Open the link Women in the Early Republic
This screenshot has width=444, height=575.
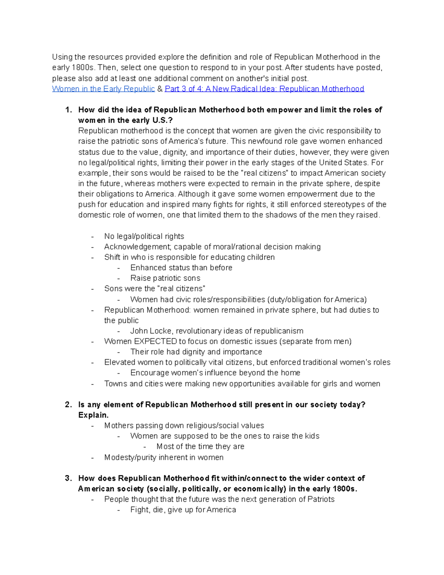[x=103, y=89]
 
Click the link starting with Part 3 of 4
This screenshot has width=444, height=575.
[x=264, y=89]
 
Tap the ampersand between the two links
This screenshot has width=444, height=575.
[x=159, y=89]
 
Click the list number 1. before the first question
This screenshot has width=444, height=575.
[x=68, y=110]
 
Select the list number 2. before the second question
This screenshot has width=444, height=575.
[x=68, y=405]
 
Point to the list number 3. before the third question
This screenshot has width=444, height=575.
[x=68, y=478]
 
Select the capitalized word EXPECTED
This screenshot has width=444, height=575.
[x=155, y=341]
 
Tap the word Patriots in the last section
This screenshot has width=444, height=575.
[x=321, y=499]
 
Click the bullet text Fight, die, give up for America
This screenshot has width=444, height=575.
[x=183, y=510]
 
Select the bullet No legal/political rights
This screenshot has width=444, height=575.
[x=144, y=237]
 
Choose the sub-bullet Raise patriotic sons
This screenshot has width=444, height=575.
[x=165, y=278]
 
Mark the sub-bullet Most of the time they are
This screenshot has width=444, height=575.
[x=200, y=447]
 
